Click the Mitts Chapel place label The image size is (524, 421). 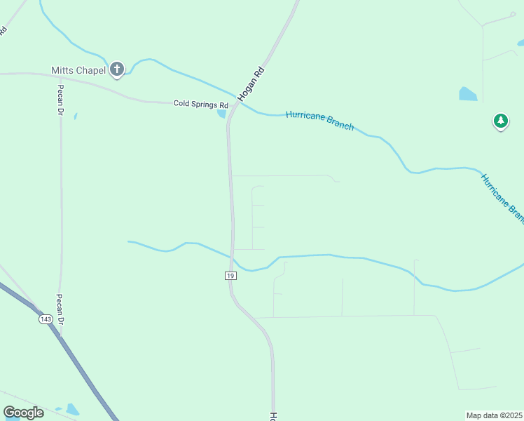click(78, 70)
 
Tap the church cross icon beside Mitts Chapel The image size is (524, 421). click(117, 69)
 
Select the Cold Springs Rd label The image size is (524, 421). click(201, 104)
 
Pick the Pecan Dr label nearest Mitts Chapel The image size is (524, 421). click(61, 100)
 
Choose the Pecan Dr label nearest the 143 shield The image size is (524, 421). click(61, 309)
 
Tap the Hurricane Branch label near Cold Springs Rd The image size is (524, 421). click(319, 121)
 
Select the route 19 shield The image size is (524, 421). click(230, 276)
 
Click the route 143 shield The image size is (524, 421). click(46, 319)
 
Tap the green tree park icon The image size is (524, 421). click(500, 121)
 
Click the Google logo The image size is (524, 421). click(23, 413)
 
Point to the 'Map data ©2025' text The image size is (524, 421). click(494, 415)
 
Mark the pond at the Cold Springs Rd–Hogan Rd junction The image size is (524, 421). click(222, 112)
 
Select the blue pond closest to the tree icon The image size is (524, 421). click(467, 94)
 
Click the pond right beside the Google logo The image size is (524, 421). click(72, 408)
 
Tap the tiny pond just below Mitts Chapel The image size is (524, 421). click(75, 116)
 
